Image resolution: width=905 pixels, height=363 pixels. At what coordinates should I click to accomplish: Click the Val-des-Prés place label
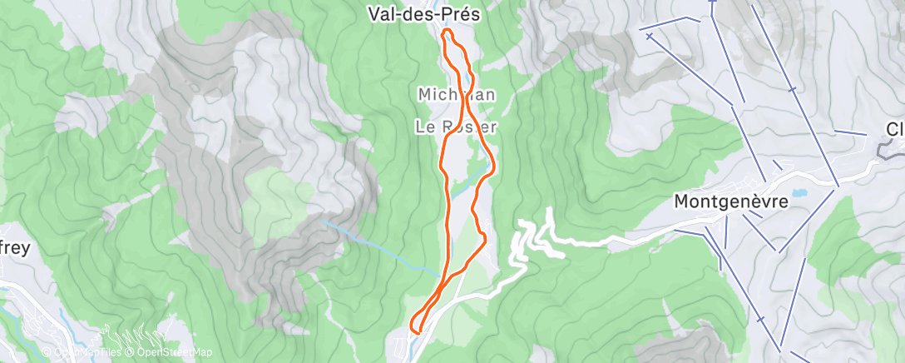click(426, 13)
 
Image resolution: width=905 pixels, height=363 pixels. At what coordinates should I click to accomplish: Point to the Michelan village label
click(456, 95)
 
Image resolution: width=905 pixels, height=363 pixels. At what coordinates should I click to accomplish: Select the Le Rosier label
click(456, 127)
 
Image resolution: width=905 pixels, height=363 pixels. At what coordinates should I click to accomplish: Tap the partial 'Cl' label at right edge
click(895, 129)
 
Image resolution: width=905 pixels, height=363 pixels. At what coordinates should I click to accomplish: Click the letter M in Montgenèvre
click(681, 201)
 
